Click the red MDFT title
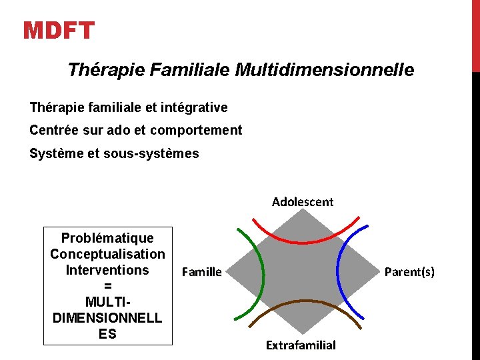[x=59, y=31]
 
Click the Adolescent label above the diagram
[x=303, y=201]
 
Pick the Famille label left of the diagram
[x=201, y=271]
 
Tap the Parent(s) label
[x=409, y=271]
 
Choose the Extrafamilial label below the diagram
[x=301, y=345]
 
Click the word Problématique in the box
[x=107, y=238]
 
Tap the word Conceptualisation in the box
[x=107, y=254]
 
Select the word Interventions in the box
[x=107, y=270]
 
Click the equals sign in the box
[x=107, y=286]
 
